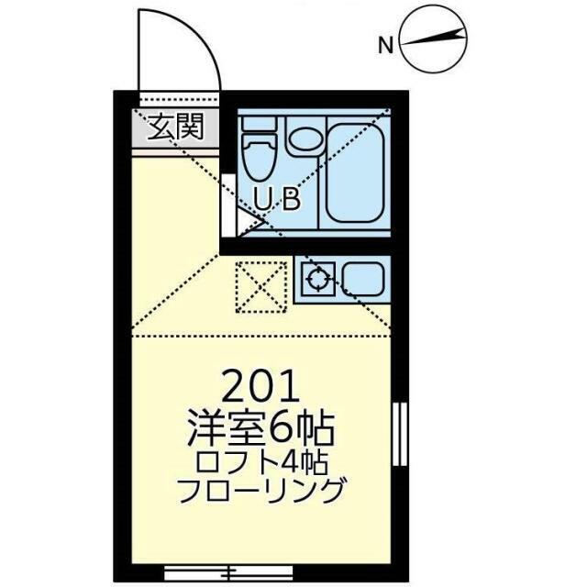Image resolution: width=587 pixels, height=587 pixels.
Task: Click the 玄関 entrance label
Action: click(175, 127)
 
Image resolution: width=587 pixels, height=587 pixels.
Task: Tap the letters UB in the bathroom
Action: click(277, 200)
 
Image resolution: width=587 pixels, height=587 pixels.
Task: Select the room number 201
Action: click(261, 385)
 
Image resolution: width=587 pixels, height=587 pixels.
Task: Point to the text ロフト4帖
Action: click(261, 462)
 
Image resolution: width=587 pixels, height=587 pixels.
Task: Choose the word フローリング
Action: click(261, 491)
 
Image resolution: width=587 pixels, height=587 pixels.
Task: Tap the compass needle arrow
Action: click(434, 39)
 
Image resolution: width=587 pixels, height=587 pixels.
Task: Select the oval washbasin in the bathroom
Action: click(305, 138)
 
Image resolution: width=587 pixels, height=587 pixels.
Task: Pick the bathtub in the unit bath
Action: click(355, 173)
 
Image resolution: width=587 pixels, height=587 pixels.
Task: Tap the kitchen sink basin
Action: click(363, 279)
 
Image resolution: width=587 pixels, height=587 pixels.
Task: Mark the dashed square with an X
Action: click(260, 287)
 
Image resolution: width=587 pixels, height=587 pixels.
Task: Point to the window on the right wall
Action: click(400, 434)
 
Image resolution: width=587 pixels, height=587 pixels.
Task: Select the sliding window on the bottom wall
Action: click(228, 573)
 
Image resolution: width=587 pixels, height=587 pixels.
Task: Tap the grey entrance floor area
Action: click(175, 127)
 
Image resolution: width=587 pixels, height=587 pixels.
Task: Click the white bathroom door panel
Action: click(228, 205)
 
